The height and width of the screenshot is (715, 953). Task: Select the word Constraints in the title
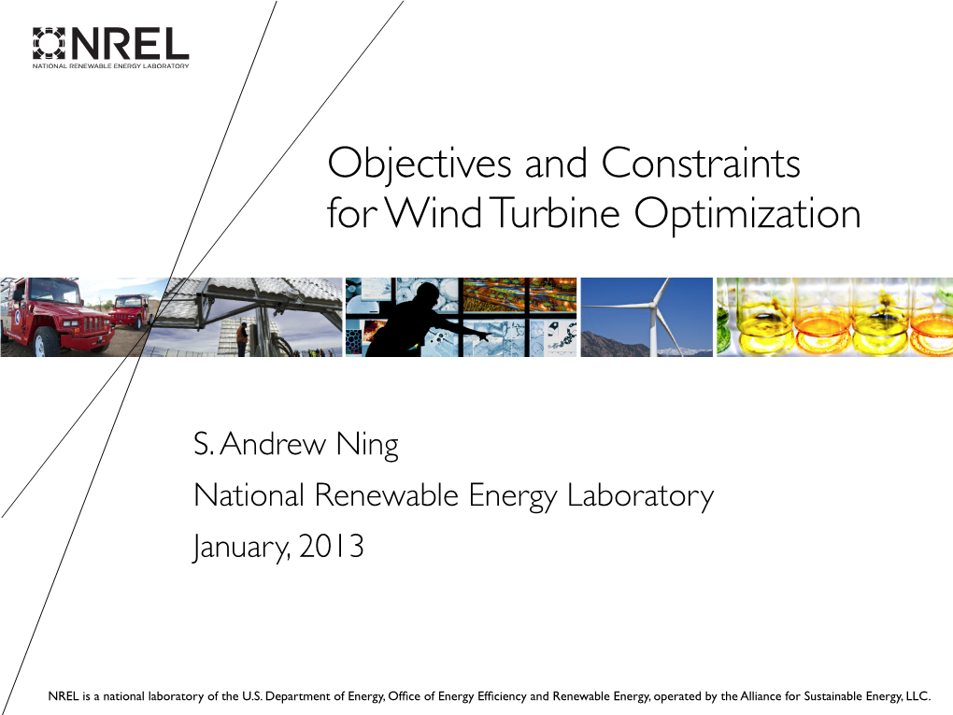coord(701,164)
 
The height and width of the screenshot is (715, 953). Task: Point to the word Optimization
coord(747,215)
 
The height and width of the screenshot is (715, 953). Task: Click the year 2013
coord(331,545)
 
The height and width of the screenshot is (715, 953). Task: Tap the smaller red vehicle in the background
coord(133,308)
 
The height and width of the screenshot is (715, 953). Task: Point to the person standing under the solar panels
coord(242,337)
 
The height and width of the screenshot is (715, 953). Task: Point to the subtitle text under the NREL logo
coord(111,66)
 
